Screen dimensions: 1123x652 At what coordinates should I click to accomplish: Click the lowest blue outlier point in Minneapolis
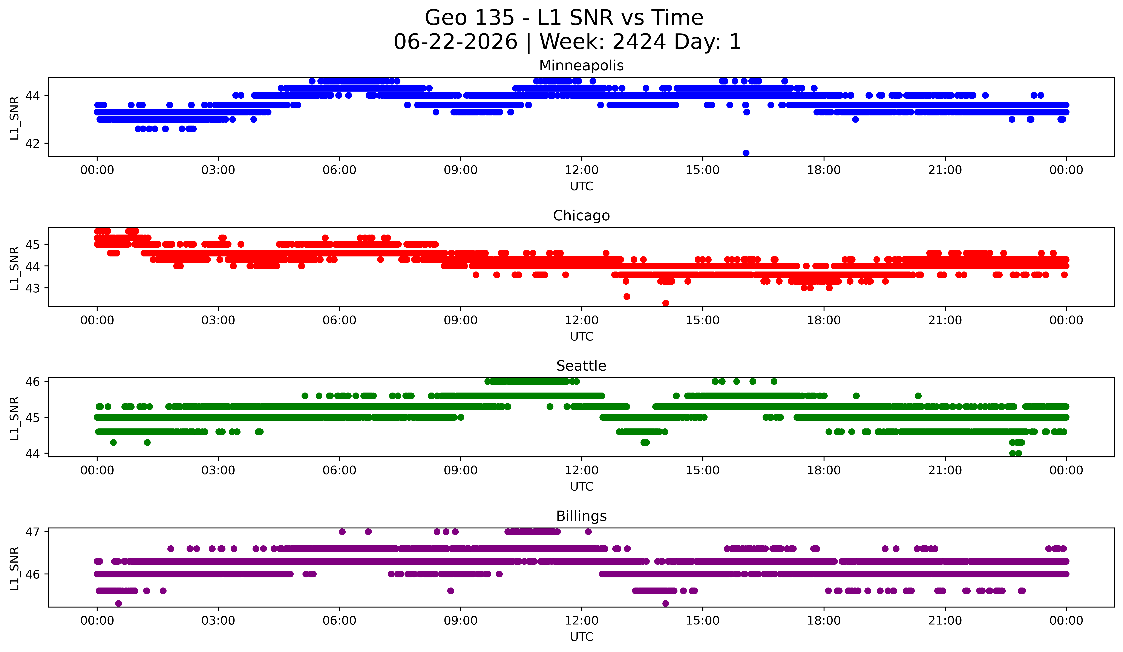pyautogui.click(x=746, y=153)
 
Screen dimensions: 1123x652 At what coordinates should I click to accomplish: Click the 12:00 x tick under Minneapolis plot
pyautogui.click(x=582, y=170)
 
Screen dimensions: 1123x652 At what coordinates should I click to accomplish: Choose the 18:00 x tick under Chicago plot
pyautogui.click(x=824, y=321)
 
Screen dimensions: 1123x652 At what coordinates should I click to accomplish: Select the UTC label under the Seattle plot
pyautogui.click(x=582, y=487)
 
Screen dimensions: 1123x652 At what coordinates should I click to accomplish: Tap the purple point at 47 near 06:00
pyautogui.click(x=342, y=532)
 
